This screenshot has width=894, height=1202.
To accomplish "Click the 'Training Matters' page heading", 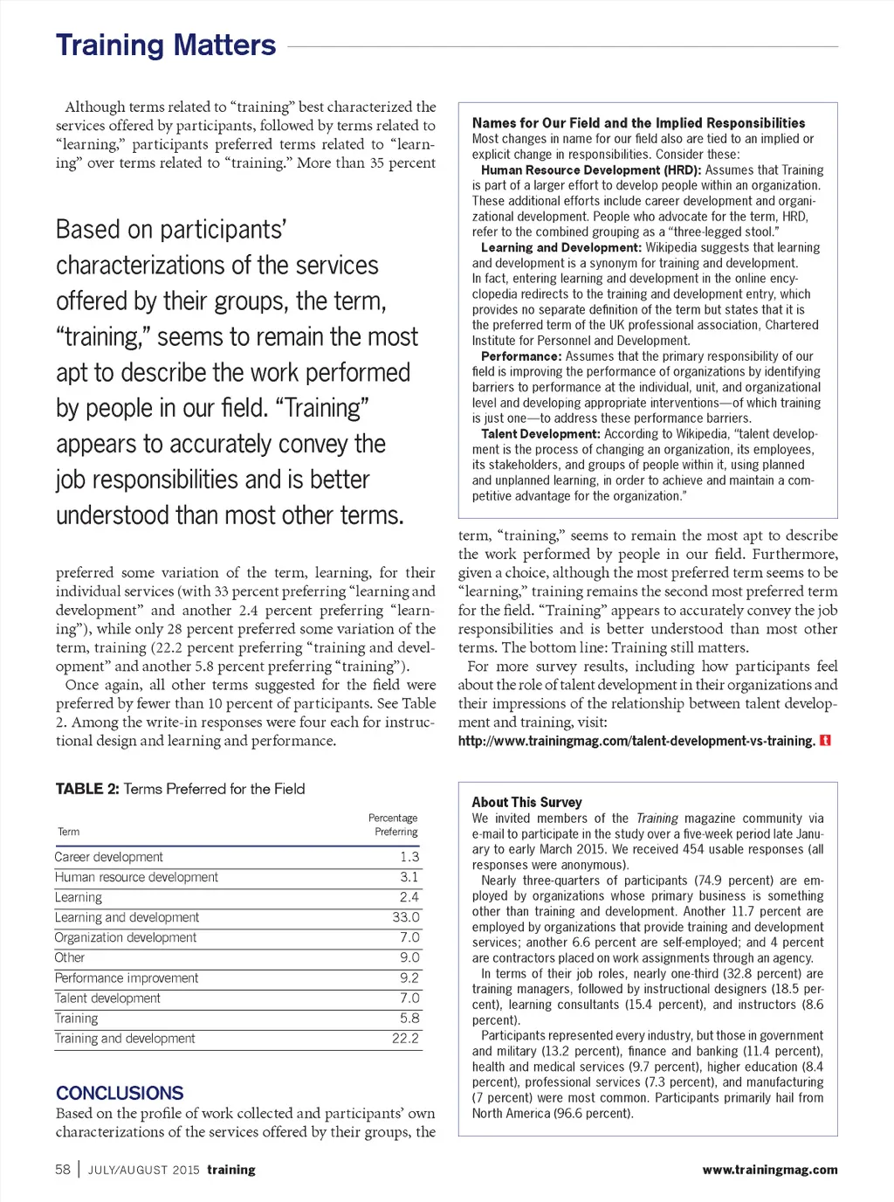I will coord(166,45).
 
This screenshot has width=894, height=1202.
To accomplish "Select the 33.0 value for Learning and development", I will coord(406,917).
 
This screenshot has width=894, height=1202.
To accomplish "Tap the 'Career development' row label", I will coord(109,857).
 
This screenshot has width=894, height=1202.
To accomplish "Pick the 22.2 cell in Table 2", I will coord(406,1039).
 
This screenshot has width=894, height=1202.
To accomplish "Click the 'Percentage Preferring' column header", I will coord(393,825).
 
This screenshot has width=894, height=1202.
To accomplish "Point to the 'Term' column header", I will coord(69,832).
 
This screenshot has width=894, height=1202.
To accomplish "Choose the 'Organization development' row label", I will coord(126,937).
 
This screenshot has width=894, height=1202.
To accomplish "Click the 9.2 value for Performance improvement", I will coord(409,978).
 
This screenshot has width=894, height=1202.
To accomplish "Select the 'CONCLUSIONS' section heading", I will coord(120,1093).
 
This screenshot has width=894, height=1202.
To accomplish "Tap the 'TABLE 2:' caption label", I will coord(87,789).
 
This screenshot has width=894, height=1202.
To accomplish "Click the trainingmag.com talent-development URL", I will coord(636,741).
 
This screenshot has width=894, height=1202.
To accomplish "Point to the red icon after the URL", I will coord(826,741).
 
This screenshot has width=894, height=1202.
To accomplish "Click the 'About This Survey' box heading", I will coord(526,802).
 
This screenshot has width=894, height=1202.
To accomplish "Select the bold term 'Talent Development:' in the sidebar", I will coord(540,434).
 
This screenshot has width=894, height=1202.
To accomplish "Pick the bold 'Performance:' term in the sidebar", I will coord(521,356).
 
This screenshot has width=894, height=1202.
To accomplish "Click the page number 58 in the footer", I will coord(63,1170).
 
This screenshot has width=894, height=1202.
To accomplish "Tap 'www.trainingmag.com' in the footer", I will coord(769,1170).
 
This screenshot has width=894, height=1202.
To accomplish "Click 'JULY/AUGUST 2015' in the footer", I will coord(144,1170).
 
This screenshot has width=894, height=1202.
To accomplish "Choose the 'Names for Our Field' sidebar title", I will coord(638,123).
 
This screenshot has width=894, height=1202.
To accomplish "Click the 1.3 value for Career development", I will coord(409,857).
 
